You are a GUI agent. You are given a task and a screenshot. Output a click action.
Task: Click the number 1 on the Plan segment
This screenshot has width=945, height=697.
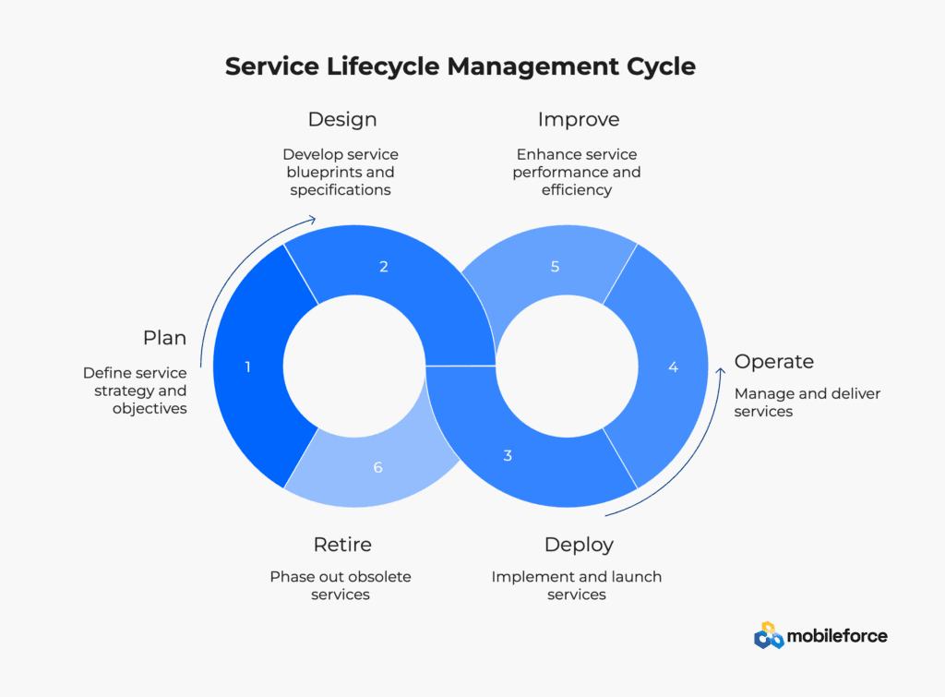tap(247, 367)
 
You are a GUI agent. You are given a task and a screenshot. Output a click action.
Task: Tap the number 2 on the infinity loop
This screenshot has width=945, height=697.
tap(384, 267)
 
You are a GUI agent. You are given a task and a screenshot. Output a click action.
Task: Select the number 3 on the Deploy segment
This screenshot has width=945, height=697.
tap(508, 455)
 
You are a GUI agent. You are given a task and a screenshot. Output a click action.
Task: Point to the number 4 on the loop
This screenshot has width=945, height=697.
tap(673, 367)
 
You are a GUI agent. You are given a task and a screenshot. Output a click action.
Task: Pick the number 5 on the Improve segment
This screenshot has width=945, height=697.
tap(555, 267)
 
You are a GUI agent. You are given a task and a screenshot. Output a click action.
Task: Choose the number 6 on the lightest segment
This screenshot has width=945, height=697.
tap(377, 467)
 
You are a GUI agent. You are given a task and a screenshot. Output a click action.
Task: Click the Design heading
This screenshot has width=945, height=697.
tap(342, 119)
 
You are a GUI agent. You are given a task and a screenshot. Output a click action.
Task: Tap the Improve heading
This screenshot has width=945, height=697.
tap(579, 119)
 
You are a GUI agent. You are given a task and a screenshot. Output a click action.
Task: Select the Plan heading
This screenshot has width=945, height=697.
tap(164, 338)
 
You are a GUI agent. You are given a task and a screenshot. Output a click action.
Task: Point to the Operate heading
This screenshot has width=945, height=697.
tap(774, 361)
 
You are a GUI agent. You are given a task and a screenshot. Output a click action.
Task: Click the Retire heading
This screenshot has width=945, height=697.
tap(342, 545)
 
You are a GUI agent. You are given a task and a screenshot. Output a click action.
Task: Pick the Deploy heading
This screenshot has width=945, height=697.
tap(579, 545)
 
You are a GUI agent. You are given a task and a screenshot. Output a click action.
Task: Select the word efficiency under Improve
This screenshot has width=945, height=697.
tap(577, 190)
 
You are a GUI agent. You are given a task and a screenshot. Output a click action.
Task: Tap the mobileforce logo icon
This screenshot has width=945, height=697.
tap(769, 635)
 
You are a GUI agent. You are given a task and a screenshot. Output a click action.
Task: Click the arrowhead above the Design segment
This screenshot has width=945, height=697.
tap(312, 220)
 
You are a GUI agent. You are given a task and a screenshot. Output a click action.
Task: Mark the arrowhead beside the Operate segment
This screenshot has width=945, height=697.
tap(720, 371)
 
